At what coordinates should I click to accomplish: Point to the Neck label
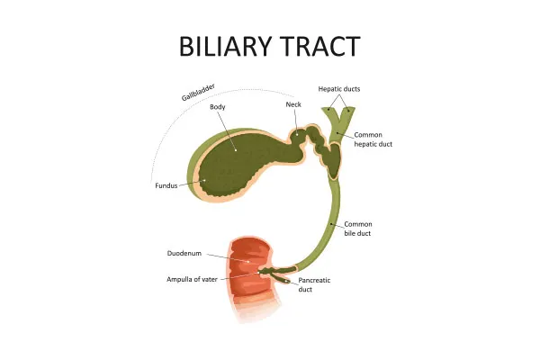[293, 104]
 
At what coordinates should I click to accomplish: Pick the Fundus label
[166, 188]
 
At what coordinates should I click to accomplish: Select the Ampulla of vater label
[193, 279]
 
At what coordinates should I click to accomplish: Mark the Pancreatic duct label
[314, 284]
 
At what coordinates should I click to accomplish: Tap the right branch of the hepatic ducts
[347, 116]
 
